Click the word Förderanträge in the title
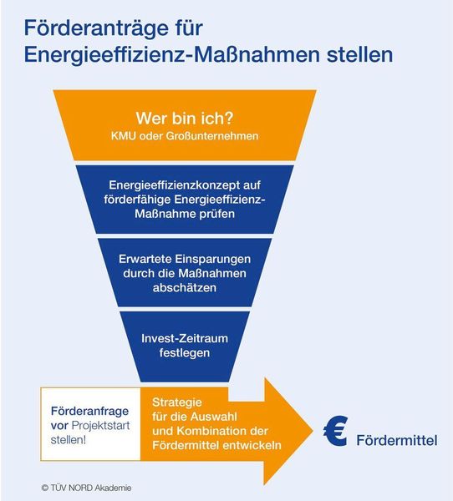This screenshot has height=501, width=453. (x=95, y=28)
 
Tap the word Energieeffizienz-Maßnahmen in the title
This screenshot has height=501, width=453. (x=172, y=54)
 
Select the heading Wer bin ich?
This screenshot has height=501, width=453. (x=185, y=119)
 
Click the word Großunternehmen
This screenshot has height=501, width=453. (x=211, y=136)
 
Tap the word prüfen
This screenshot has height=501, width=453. (x=217, y=214)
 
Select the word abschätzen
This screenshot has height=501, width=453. (x=185, y=288)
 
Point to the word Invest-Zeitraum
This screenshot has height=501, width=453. (x=185, y=338)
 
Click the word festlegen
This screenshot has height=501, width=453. (x=185, y=353)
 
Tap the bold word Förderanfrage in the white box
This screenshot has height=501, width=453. (x=90, y=411)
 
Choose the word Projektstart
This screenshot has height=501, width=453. (x=100, y=426)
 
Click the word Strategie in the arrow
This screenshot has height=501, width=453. (x=177, y=402)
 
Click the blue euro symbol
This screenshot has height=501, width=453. (x=335, y=431)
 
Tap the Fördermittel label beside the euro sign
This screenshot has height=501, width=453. (x=397, y=440)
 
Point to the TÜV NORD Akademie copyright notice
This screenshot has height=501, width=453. (x=86, y=488)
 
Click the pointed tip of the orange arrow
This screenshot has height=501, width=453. (x=313, y=431)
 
